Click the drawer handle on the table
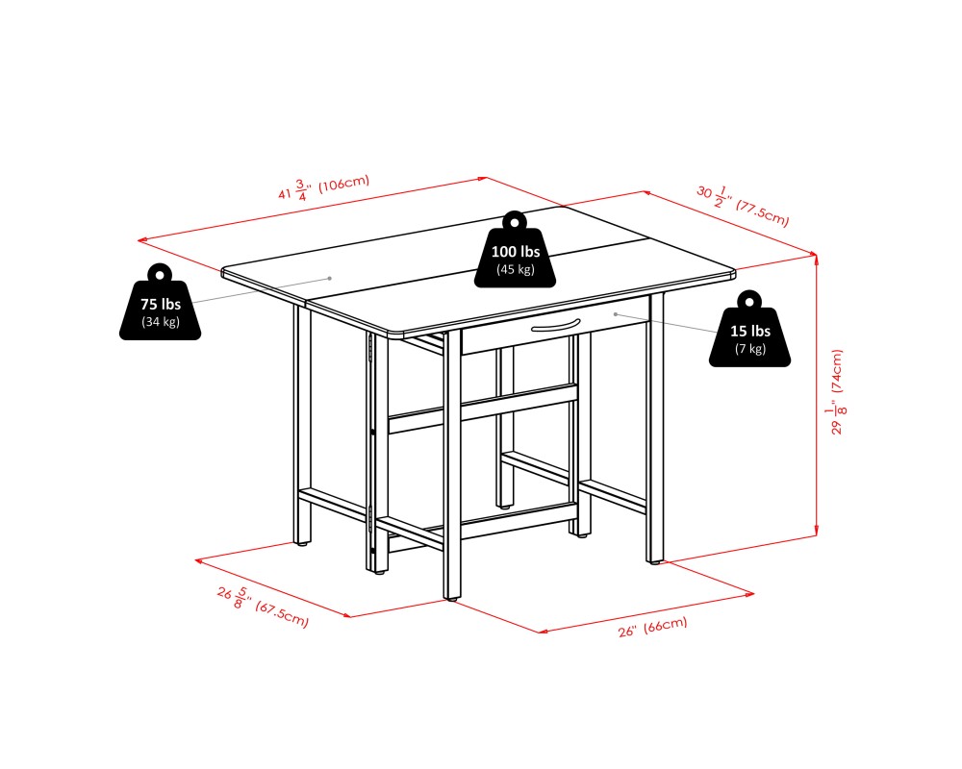point(556,325)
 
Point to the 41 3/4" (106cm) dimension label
point(323,187)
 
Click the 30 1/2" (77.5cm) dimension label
point(743,206)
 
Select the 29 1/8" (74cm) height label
point(837,392)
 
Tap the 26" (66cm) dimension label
point(652,627)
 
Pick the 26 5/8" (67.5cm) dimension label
point(263,607)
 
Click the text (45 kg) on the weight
point(516,269)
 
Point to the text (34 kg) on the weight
point(160,321)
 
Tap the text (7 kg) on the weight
point(750,349)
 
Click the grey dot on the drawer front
point(616,314)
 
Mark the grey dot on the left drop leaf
point(329,279)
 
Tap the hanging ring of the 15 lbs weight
point(749,301)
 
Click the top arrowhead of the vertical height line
point(816,258)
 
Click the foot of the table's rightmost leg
point(655,561)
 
